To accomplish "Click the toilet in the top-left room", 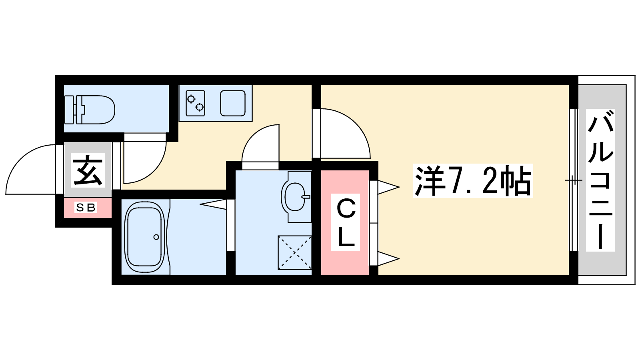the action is coord(90,110).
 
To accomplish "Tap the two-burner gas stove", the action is coord(196,103).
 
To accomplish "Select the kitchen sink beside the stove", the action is coord(233,103).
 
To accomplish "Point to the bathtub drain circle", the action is coord(156,237).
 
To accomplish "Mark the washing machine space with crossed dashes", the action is coord(294,252).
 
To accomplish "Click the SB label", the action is coord(86,208).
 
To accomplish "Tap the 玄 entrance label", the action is coord(88,170).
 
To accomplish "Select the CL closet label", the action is coord(346,222).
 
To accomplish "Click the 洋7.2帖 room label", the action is coord(473,180).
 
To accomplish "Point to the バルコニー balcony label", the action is coord(600,180).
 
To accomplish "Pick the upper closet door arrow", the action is coord(388,188).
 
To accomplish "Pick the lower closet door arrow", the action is coord(388,259).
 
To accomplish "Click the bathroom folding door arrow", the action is coord(213,204).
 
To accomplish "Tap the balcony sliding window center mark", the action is coord(573,180).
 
